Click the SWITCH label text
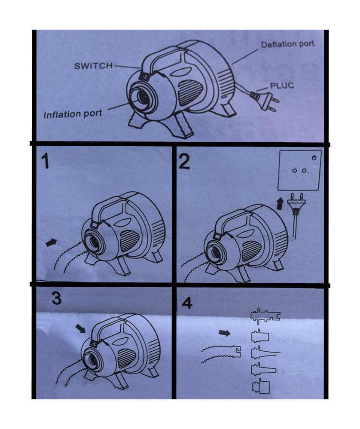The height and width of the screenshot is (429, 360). pos(93,66)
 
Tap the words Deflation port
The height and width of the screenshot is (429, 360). pos(287,44)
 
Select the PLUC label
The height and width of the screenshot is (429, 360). pos(282,86)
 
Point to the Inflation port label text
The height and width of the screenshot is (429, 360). pos(73,114)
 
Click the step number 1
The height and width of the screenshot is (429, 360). pos(45,161)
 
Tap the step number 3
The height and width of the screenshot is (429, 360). pos(56,298)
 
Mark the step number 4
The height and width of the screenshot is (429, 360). pos(187,303)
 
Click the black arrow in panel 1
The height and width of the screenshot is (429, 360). pos(51,242)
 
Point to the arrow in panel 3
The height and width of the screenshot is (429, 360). pos(81,328)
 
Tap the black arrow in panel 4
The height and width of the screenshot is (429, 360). pos(225,333)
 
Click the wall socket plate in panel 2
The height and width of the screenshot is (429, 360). pos(299,170)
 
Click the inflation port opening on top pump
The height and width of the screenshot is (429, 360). pos(142,97)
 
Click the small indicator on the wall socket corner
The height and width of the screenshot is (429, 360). pos(314,157)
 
